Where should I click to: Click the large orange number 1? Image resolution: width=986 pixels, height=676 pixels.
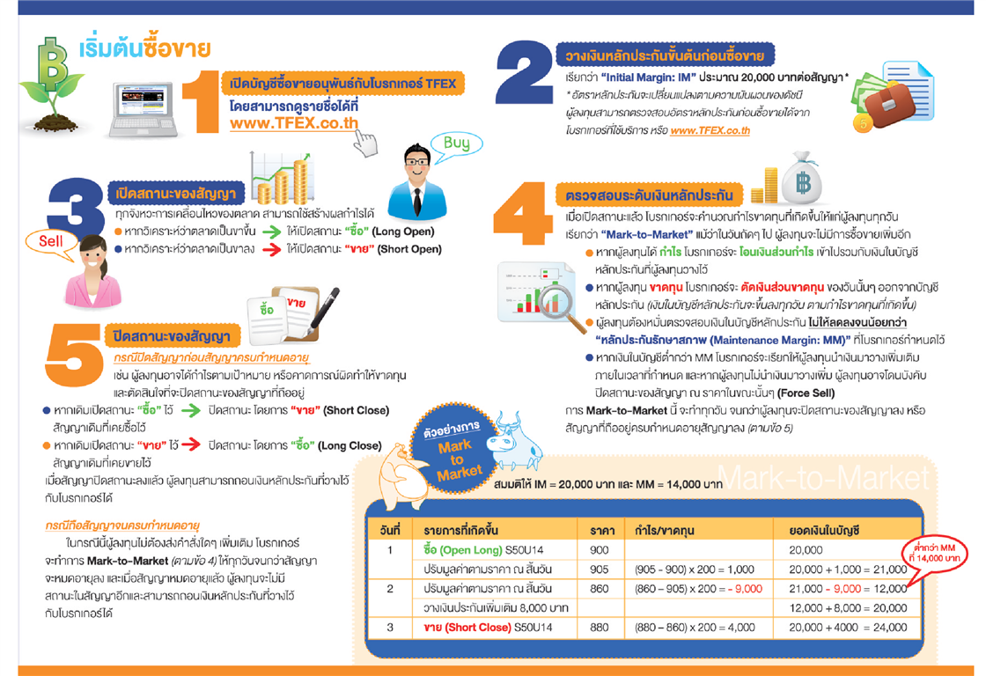click(205, 102)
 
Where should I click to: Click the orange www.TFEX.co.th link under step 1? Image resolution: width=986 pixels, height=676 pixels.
click(294, 123)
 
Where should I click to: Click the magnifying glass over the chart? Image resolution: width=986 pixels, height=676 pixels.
click(559, 298)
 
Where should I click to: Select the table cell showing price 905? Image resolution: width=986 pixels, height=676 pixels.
click(600, 569)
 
